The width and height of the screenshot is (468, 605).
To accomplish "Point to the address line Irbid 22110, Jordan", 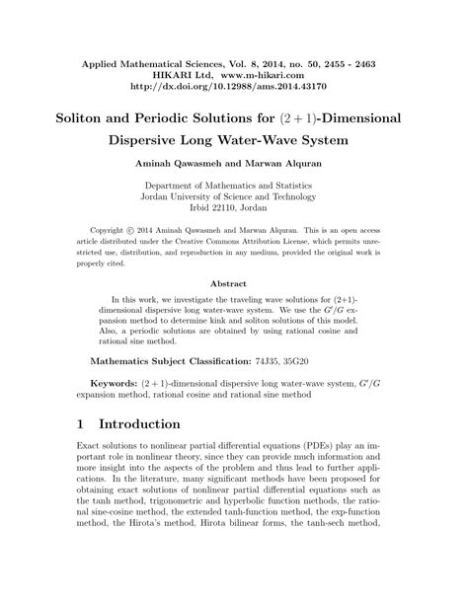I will (234, 210).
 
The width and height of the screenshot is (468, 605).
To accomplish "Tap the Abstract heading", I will (234, 285).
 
